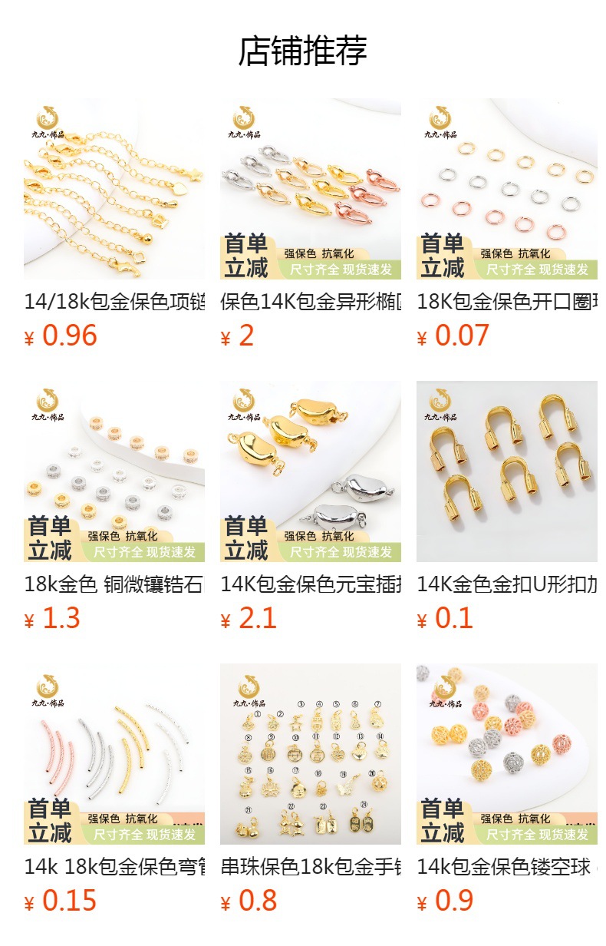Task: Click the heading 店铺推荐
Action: tap(303, 51)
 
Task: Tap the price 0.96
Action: tap(69, 336)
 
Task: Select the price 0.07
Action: tap(462, 336)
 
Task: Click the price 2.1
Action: tap(257, 618)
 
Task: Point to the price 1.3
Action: tap(61, 618)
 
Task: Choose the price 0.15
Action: tap(69, 901)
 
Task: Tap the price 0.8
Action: tap(257, 901)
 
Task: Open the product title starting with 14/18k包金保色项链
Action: tap(114, 302)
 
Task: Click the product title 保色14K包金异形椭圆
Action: tap(311, 302)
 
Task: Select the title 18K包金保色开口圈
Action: tap(507, 302)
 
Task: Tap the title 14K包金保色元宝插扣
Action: tap(311, 584)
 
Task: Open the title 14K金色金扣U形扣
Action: tap(507, 584)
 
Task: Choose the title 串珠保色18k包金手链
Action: tap(311, 867)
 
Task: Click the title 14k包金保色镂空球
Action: tap(507, 867)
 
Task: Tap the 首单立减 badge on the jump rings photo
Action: tap(443, 256)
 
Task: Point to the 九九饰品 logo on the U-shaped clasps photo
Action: tap(440, 405)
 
